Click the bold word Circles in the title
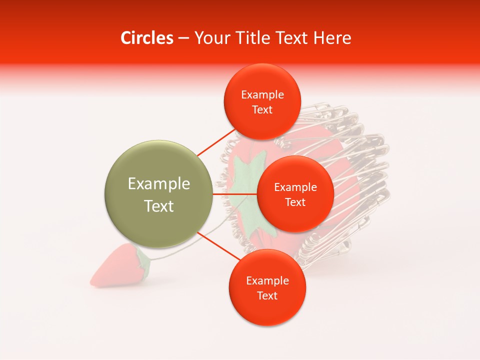(146, 38)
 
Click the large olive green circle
(159, 194)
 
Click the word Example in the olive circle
(159, 184)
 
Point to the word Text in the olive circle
(159, 206)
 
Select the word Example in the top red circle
(262, 95)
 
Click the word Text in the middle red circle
(295, 202)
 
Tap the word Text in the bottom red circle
(267, 296)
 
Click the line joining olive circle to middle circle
(235, 194)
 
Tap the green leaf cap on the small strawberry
(143, 262)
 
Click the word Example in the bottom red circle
(267, 281)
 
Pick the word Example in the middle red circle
(295, 187)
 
